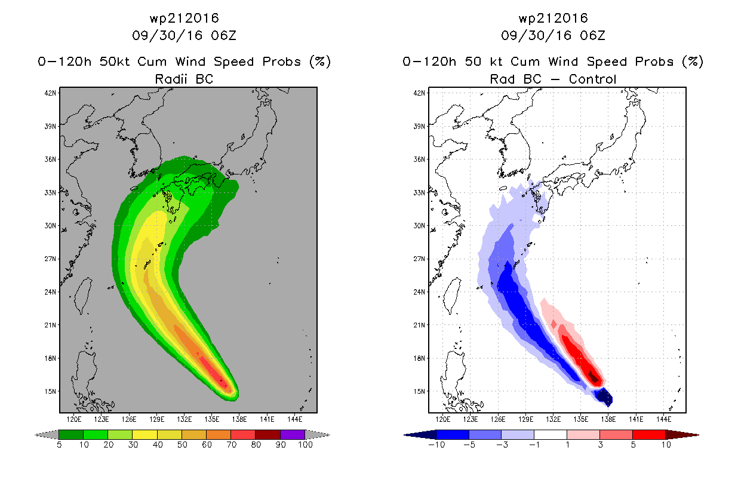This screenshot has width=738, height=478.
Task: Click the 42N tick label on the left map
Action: pyautogui.click(x=50, y=93)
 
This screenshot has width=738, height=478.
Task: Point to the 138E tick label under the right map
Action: pyautogui.click(x=608, y=419)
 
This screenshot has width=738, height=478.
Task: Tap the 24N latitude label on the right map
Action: pyautogui.click(x=419, y=292)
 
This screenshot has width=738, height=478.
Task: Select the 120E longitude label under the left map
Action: pyautogui.click(x=74, y=419)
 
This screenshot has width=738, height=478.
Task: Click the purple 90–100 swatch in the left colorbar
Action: pyautogui.click(x=293, y=434)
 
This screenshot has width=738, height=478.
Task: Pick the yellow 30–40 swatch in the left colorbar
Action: pyautogui.click(x=145, y=434)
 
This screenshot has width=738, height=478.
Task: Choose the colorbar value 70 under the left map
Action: pyautogui.click(x=232, y=445)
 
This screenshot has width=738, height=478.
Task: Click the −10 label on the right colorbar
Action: pyautogui.click(x=436, y=445)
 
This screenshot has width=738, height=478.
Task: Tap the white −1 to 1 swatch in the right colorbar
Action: pyautogui.click(x=551, y=434)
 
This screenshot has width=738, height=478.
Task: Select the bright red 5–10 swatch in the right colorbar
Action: pyautogui.click(x=649, y=434)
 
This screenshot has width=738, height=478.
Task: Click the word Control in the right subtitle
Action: pyautogui.click(x=592, y=79)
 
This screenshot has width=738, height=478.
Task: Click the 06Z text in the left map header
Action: pyautogui.click(x=224, y=35)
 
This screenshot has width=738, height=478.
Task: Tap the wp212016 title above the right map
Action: pyautogui.click(x=553, y=18)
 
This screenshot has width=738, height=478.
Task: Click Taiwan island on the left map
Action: pyautogui.click(x=82, y=296)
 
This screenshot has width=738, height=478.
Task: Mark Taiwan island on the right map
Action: pyautogui.click(x=451, y=296)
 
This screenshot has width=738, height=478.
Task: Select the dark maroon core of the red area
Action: pyautogui.click(x=594, y=377)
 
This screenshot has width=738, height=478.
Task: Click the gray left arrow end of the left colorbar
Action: pyautogui.click(x=47, y=434)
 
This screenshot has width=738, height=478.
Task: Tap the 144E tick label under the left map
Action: pyautogui.click(x=294, y=419)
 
